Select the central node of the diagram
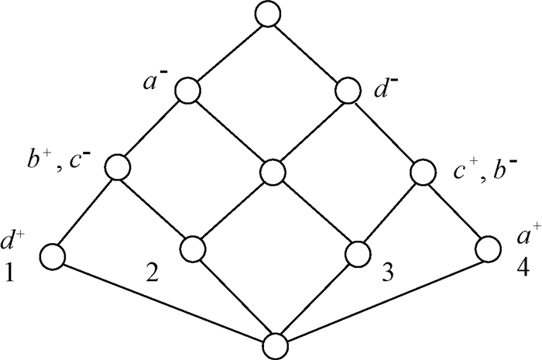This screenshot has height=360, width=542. [272, 171]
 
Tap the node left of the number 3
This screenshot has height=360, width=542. [358, 252]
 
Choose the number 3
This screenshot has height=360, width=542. [386, 273]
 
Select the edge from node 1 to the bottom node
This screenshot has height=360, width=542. [163, 297]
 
